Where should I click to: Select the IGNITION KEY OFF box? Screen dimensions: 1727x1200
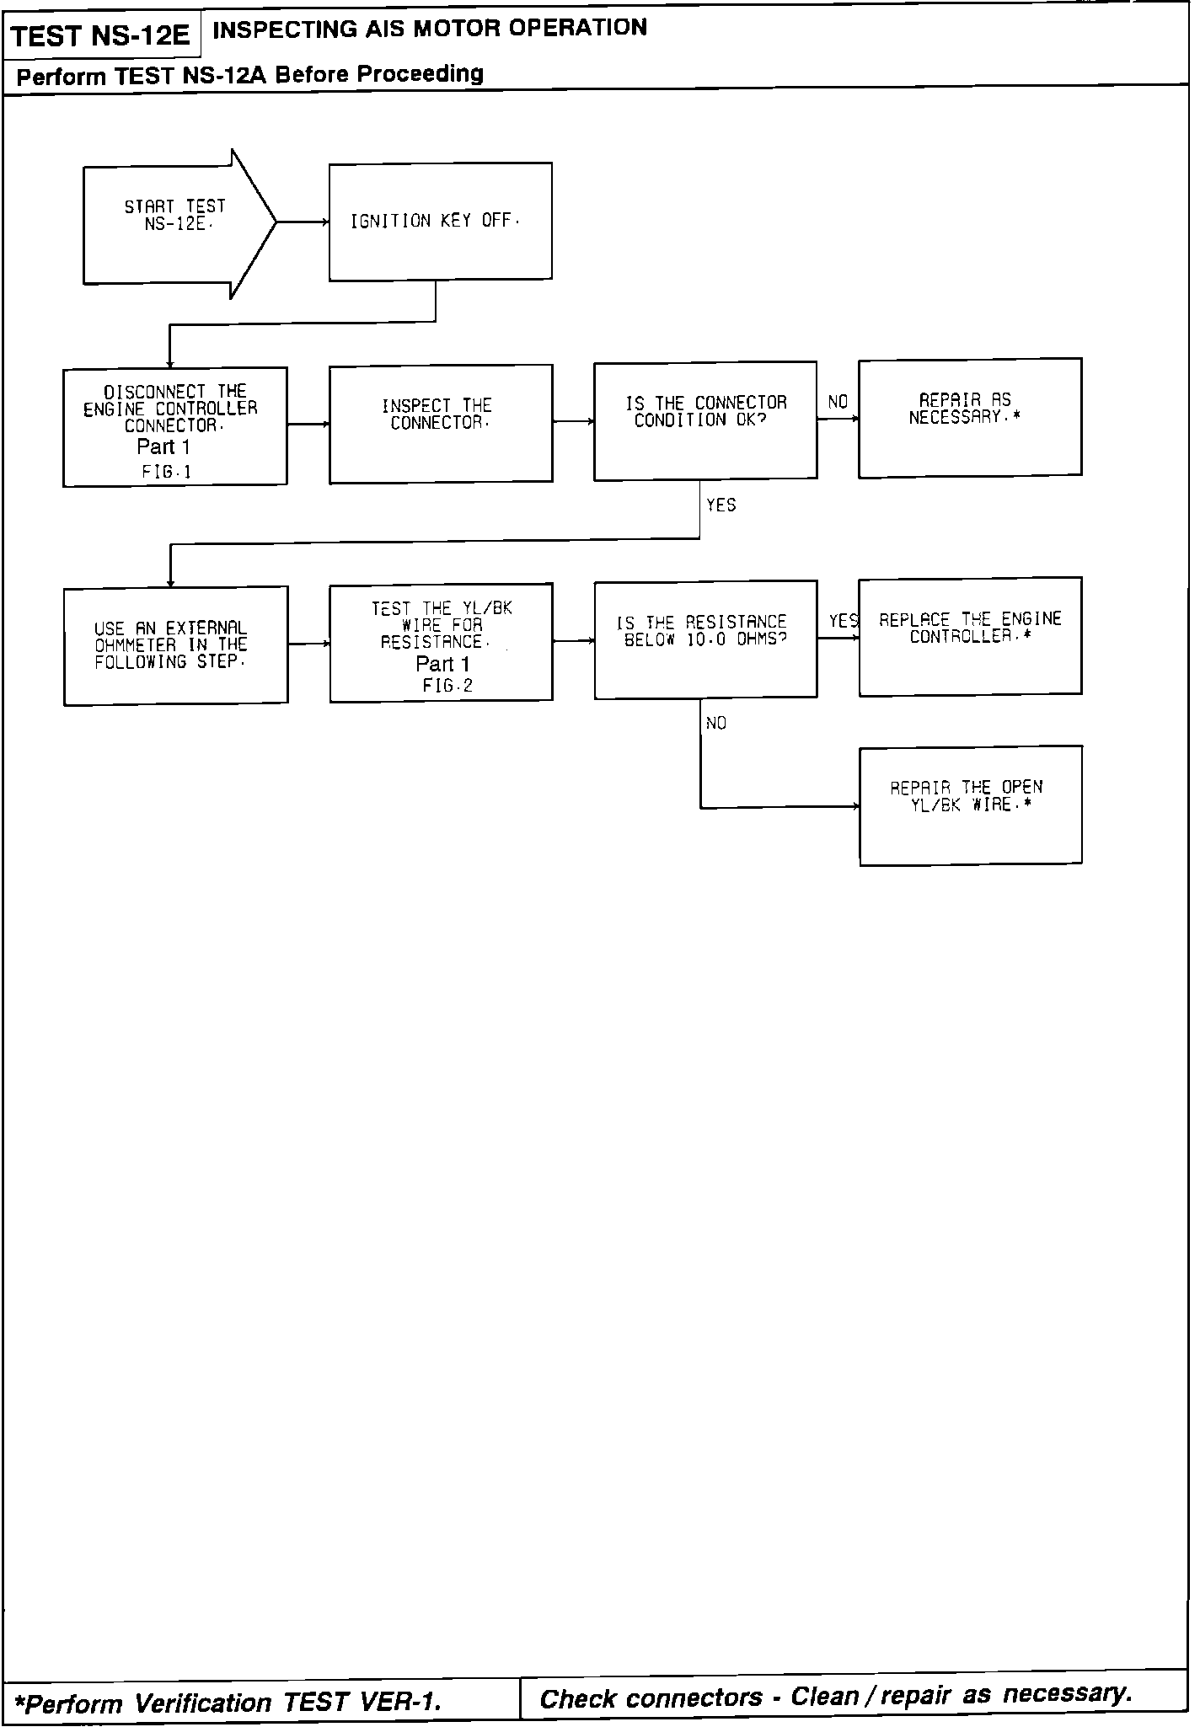click(440, 222)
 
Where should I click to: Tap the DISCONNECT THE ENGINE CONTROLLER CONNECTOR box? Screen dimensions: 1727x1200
click(175, 426)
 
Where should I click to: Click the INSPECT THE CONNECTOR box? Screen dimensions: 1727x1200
click(441, 423)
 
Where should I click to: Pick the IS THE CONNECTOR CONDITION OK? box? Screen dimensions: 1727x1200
click(705, 420)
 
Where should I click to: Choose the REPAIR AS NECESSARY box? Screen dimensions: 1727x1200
click(970, 418)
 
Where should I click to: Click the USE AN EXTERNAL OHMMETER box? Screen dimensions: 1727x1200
click(175, 645)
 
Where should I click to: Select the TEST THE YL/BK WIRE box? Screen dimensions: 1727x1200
click(441, 642)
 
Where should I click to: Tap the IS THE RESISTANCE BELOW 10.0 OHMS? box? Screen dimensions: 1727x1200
click(705, 639)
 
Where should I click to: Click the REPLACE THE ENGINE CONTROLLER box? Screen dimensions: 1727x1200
click(970, 636)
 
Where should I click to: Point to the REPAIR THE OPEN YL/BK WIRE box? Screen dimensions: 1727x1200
click(970, 805)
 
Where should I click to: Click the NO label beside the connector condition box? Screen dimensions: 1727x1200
click(838, 403)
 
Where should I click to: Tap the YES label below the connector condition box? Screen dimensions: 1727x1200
click(721, 505)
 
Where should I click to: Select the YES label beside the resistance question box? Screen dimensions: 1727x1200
click(844, 622)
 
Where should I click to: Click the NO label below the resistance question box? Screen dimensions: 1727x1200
click(716, 724)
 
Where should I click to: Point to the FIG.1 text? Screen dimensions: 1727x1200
click(167, 473)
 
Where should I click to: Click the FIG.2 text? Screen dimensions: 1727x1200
click(447, 687)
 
